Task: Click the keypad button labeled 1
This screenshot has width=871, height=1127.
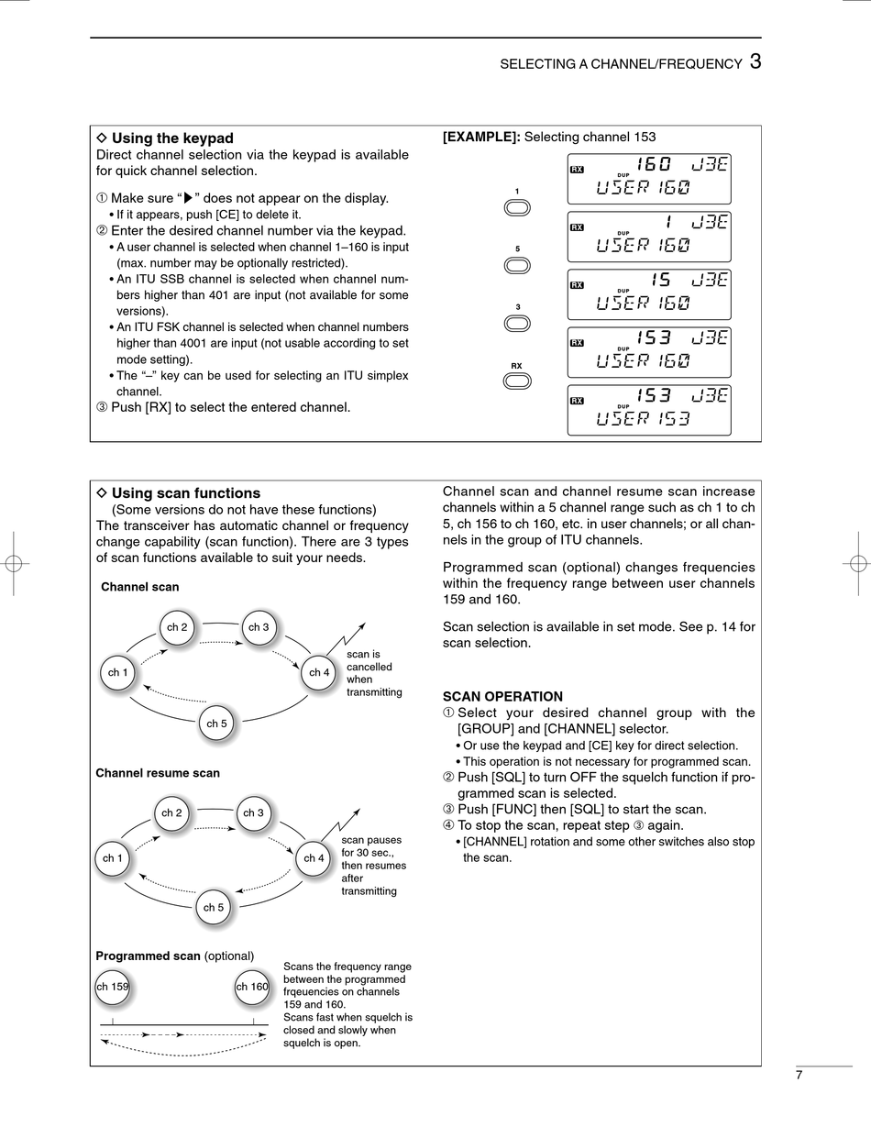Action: [x=517, y=207]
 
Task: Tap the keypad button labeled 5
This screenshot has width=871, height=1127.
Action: [x=517, y=265]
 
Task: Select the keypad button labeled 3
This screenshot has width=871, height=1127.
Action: [x=517, y=323]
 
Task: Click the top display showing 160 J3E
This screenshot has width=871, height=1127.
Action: [x=649, y=178]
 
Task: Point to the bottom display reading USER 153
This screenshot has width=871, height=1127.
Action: [x=649, y=410]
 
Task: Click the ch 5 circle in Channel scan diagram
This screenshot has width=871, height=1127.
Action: [x=216, y=724]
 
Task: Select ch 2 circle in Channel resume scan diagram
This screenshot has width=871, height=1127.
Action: [x=171, y=812]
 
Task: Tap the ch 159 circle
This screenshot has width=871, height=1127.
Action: [x=113, y=987]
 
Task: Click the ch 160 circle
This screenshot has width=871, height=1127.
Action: [x=252, y=987]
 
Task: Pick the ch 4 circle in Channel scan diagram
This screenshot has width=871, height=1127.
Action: [x=319, y=672]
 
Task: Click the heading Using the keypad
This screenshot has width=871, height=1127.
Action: [x=171, y=138]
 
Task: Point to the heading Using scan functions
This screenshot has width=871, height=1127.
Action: [x=185, y=493]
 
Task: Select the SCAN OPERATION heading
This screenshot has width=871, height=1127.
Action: [x=502, y=697]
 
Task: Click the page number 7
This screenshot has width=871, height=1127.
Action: [x=799, y=1076]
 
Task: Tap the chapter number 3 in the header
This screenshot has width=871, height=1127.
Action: [x=755, y=61]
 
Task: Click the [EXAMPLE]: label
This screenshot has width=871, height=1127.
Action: [x=481, y=137]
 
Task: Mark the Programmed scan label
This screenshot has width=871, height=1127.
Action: [x=148, y=956]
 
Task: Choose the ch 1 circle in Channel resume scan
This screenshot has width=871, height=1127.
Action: [x=113, y=858]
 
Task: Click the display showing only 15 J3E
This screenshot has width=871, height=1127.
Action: [x=649, y=293]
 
